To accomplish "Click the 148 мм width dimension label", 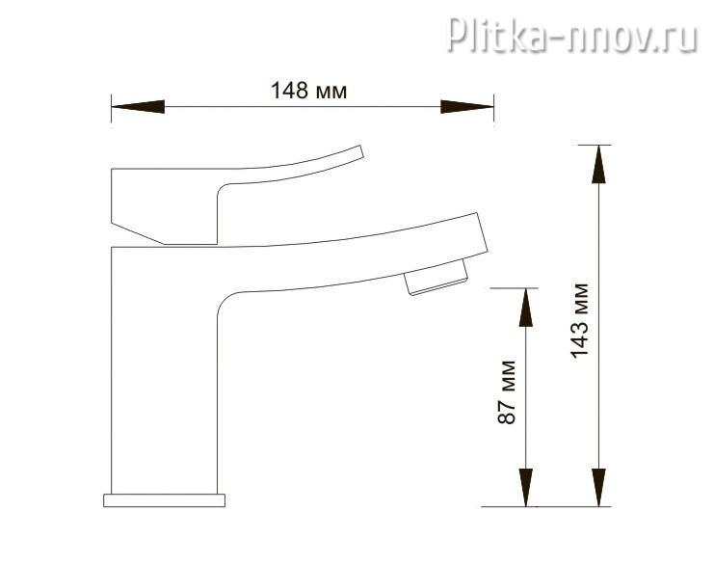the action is [308, 91].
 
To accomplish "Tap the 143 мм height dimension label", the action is [580, 320].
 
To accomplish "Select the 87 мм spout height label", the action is [507, 392].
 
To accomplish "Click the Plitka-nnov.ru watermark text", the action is [572, 34].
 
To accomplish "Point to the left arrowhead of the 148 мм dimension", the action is [138, 107].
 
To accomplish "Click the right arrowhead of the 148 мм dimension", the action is [467, 107].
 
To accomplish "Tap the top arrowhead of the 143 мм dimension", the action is [598, 164].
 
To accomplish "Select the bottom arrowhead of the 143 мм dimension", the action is [598, 487].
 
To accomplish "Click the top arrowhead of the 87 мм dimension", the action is [525, 308].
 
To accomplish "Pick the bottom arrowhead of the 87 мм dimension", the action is [525, 487].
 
